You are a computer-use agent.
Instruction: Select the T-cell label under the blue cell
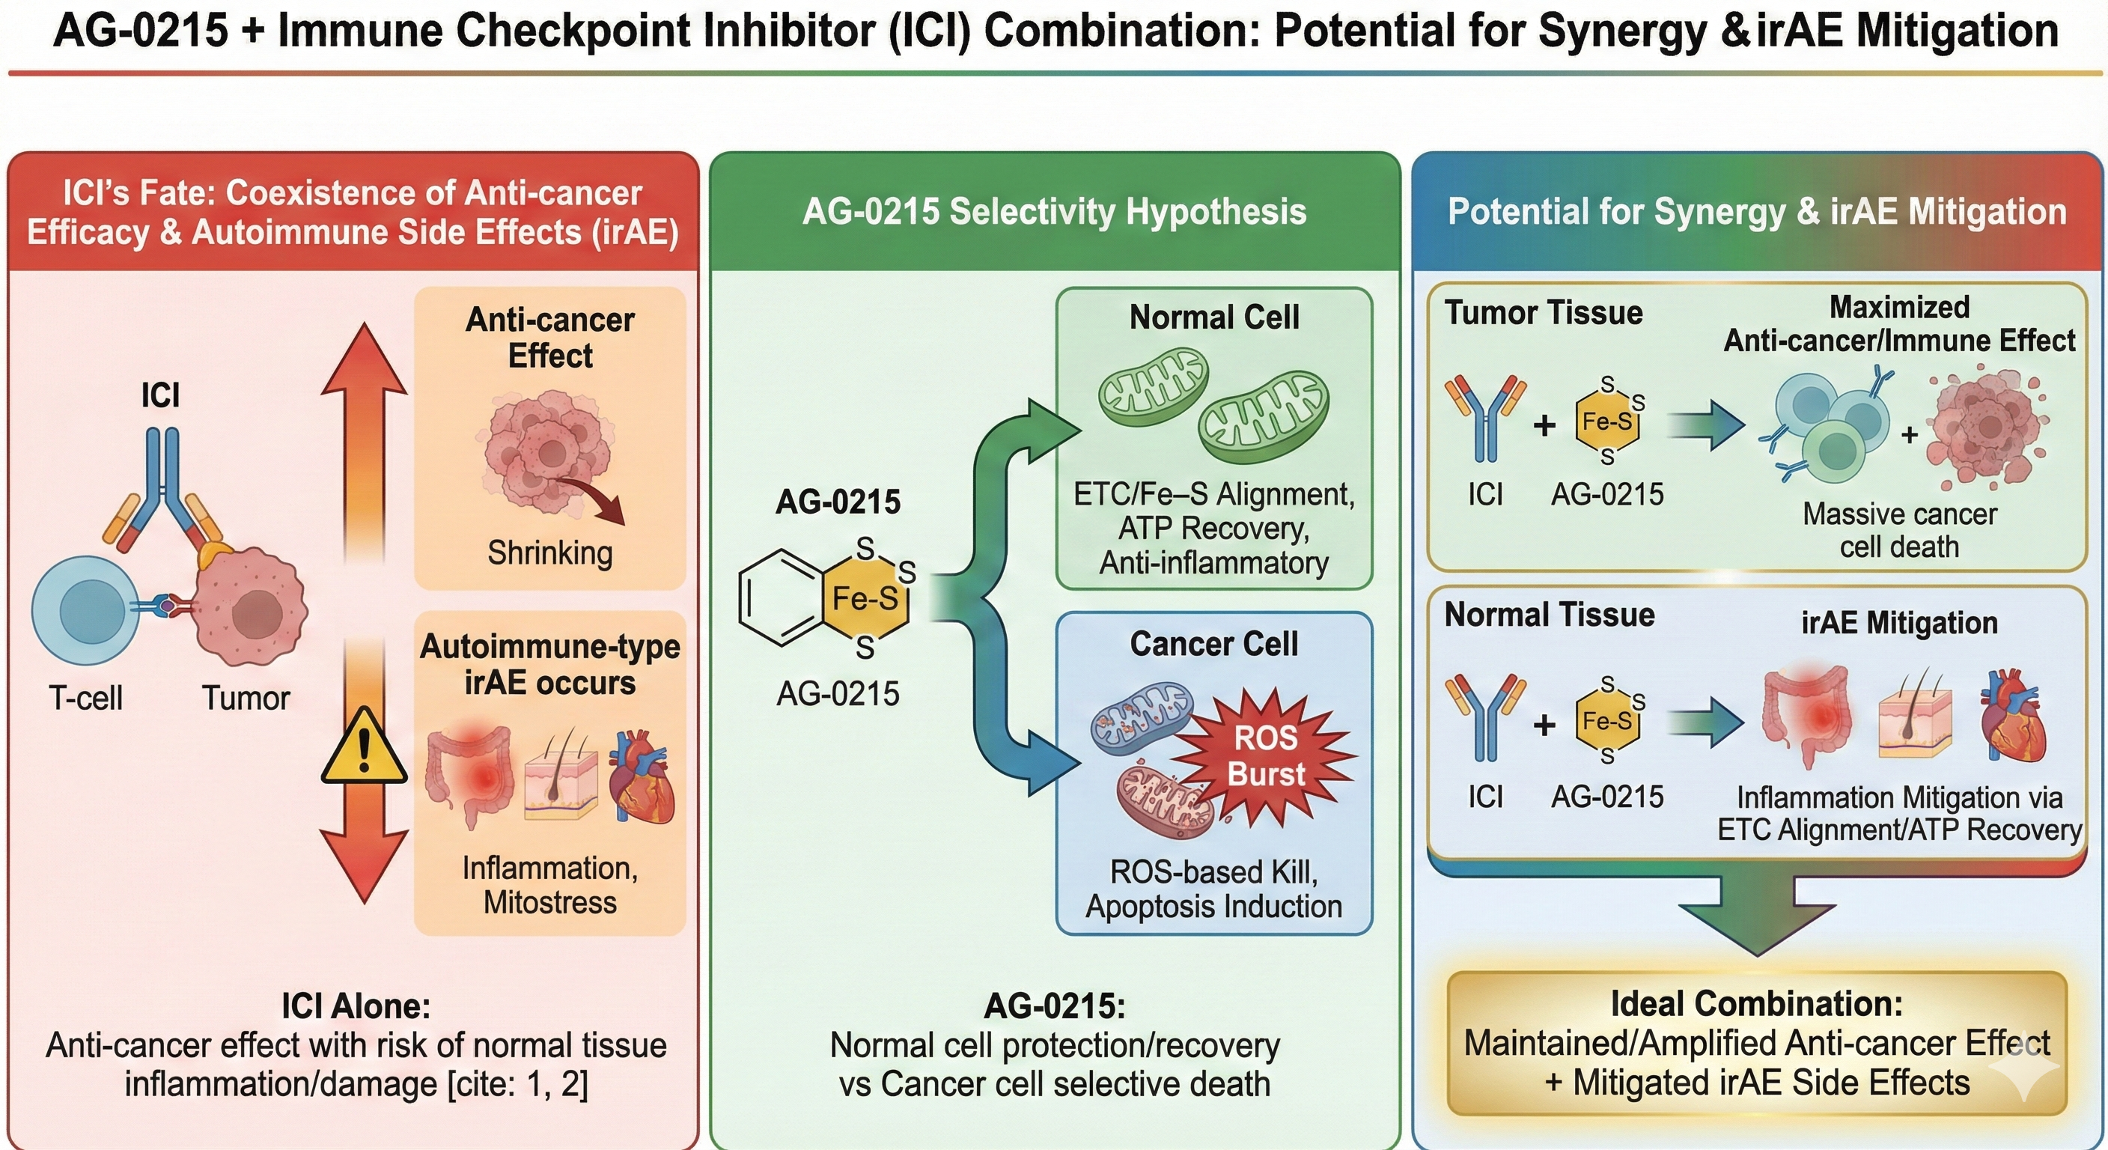coord(85,699)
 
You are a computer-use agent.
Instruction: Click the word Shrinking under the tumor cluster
coord(550,553)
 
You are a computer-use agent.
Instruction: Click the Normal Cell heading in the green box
coord(1213,317)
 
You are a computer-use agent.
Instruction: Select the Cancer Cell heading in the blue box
coord(1213,644)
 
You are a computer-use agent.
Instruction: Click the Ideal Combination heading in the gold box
coord(1757,1003)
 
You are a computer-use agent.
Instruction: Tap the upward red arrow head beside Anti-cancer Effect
coord(363,360)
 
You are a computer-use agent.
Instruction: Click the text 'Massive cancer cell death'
coord(1898,530)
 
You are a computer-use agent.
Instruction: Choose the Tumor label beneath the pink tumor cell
coord(246,699)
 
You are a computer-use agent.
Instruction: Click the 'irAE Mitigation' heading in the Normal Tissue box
coord(1898,623)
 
